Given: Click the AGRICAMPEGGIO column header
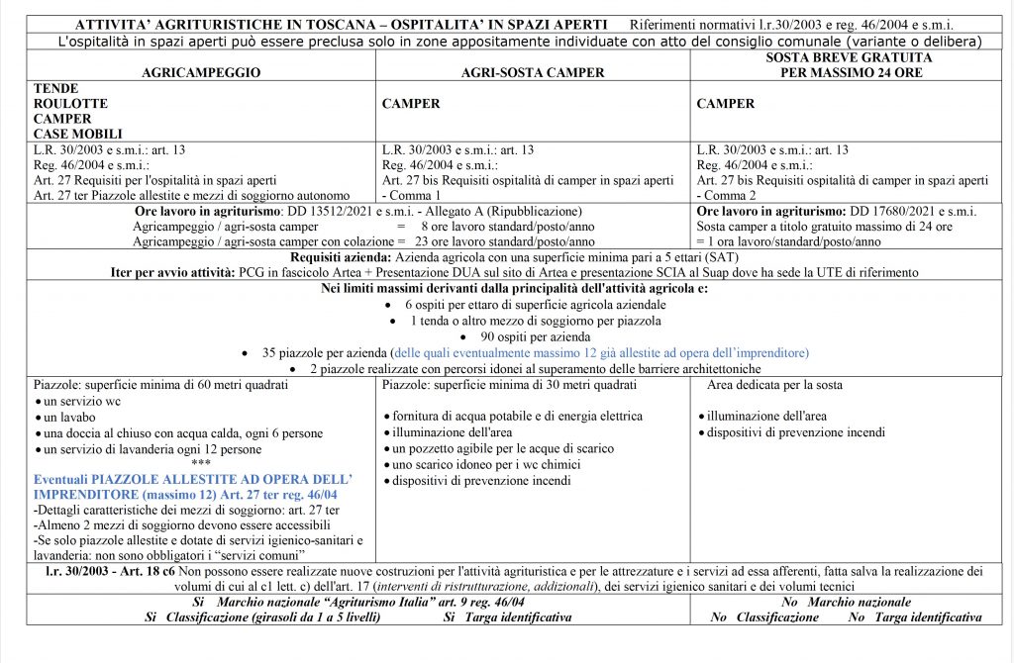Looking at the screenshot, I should (x=201, y=73).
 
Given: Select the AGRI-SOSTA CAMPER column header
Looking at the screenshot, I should (x=533, y=73).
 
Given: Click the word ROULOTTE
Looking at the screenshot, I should (x=70, y=103).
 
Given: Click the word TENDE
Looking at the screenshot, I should (x=55, y=88).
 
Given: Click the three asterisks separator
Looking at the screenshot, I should (x=201, y=463).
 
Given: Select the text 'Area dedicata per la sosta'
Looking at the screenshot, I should (x=774, y=384).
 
